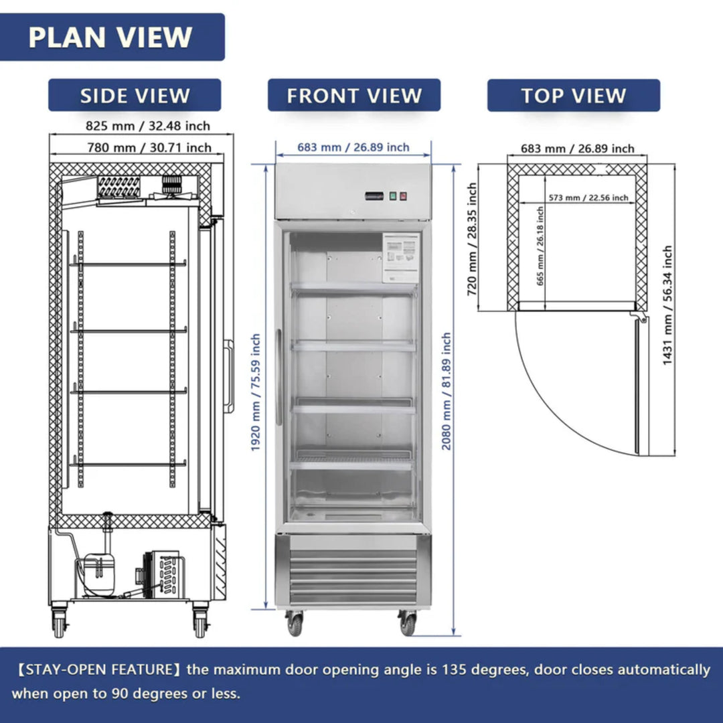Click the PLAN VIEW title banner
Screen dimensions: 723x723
click(110, 37)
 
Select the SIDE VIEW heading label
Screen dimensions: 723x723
click(135, 96)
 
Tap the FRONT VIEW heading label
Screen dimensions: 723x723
click(354, 96)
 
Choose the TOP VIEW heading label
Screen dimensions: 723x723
click(573, 96)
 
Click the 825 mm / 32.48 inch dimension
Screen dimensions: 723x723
click(147, 126)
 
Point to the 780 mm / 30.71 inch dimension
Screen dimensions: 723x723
click(149, 148)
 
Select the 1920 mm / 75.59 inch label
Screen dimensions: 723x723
click(256, 392)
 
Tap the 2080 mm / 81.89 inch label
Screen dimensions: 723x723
click(447, 392)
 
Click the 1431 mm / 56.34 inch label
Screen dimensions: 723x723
click(667, 305)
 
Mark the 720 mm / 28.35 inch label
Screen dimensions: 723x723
click(473, 240)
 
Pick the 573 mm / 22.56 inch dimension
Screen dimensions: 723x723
click(588, 197)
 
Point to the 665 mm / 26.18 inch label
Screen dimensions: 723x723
click(540, 246)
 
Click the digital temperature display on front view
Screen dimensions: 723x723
click(374, 196)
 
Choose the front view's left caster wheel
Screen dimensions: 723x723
click(295, 623)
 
